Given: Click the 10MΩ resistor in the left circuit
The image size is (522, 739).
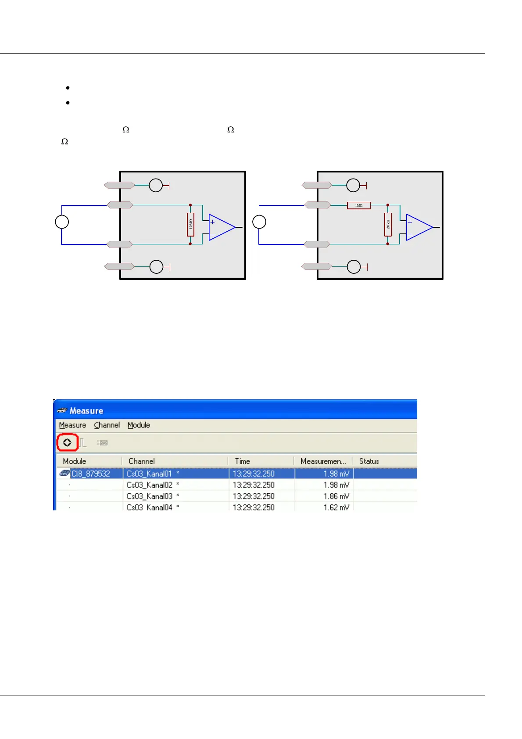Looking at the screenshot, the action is click(190, 224).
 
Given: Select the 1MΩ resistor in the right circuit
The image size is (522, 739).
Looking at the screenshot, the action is click(359, 205).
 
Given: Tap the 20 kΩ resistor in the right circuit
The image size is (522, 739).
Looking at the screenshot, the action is click(388, 224).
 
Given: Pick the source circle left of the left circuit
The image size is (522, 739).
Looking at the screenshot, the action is click(62, 222).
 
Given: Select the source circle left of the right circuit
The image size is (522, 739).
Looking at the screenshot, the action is click(259, 222).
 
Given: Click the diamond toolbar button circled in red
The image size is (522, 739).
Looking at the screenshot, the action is click(67, 442).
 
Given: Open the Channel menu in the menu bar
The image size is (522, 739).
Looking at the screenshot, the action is click(107, 425).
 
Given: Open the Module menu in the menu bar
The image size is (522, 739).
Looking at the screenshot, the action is click(139, 425).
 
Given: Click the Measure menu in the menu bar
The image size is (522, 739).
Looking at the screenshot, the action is click(72, 425).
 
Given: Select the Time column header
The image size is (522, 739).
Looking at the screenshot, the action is click(242, 461).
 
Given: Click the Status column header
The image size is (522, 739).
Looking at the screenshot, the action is click(369, 461).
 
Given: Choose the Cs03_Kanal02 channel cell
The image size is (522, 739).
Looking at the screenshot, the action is click(150, 485).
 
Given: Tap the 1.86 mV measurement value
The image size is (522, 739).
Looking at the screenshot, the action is click(336, 496).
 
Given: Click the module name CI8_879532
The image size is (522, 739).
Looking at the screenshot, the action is click(90, 474).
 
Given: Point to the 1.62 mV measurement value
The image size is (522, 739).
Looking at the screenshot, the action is click(336, 507).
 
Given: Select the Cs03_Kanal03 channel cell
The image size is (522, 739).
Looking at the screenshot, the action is click(150, 496).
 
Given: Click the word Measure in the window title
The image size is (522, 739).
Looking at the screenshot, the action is click(86, 411).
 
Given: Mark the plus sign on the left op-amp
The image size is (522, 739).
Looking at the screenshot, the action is click(213, 222).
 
